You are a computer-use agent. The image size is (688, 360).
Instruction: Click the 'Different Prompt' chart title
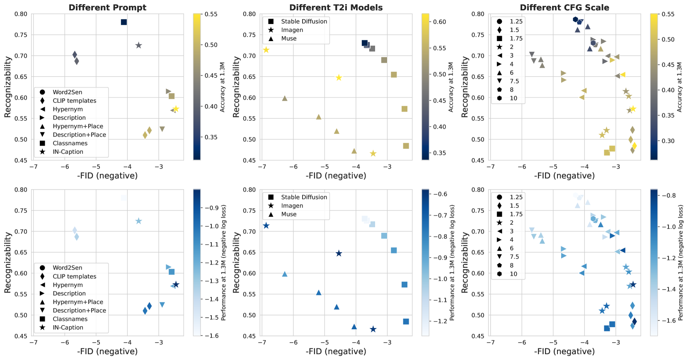[x=107, y=7]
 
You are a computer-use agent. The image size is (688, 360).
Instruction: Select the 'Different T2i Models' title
[x=336, y=7]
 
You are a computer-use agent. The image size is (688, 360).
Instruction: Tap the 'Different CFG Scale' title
[x=564, y=7]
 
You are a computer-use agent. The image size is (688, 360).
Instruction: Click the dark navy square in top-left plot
[x=124, y=22]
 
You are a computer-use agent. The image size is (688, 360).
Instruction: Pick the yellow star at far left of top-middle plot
[x=266, y=50]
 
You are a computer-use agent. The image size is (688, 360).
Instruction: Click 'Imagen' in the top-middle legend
[x=292, y=30]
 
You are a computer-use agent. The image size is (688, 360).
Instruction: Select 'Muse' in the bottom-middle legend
[x=288, y=214]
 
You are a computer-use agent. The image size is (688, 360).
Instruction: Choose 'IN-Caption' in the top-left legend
[x=68, y=152]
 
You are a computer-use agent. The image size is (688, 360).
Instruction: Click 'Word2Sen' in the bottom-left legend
[x=67, y=268]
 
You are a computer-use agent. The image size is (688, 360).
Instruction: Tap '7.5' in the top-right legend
[x=514, y=81]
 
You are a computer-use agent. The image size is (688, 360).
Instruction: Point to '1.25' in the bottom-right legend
[x=516, y=197]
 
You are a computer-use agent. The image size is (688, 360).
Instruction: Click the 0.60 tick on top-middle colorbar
[x=439, y=22]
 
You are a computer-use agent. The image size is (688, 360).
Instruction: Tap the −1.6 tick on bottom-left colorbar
[x=211, y=336]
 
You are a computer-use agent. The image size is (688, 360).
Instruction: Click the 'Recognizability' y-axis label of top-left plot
[x=7, y=87]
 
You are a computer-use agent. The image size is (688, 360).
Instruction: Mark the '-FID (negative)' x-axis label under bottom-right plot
[x=564, y=351]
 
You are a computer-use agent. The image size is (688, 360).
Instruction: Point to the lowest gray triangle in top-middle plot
[x=354, y=151]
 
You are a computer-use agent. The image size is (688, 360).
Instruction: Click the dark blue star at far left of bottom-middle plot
[x=266, y=226]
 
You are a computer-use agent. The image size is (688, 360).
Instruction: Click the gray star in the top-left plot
[x=139, y=45]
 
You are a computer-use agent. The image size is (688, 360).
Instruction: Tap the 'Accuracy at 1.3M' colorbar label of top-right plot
[x=679, y=87]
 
